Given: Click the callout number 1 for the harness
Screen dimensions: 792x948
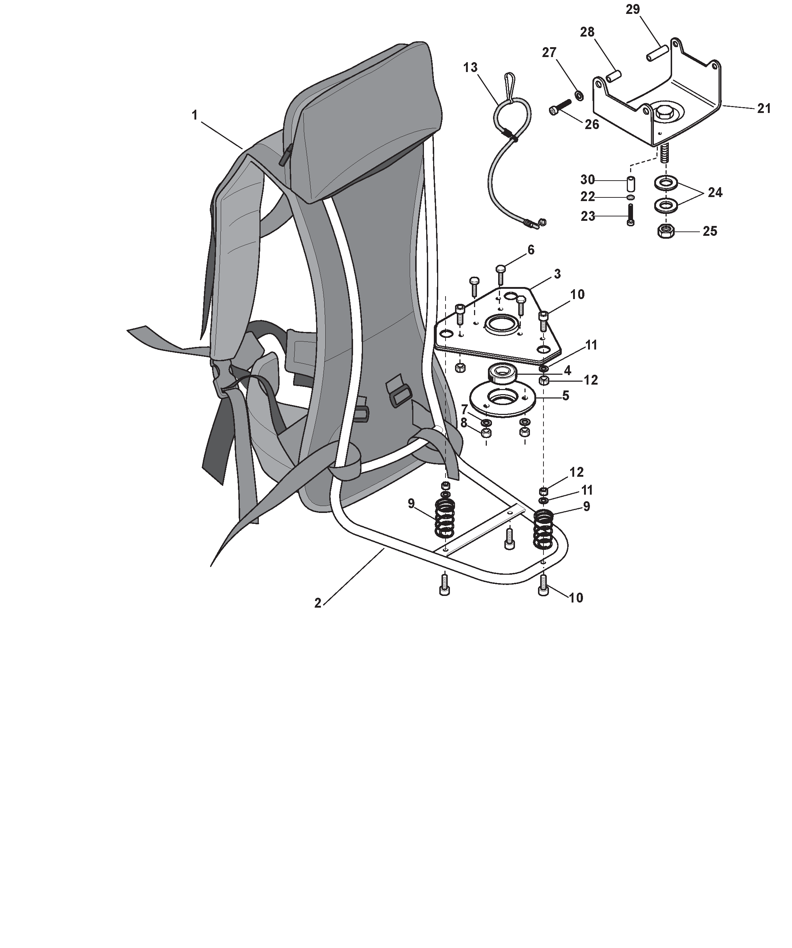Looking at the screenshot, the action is (x=194, y=116).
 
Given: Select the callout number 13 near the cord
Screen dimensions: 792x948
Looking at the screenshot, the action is (x=470, y=68).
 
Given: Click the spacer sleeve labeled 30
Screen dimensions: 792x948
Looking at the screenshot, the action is (x=631, y=185).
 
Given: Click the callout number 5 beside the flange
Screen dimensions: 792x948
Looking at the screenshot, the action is (x=565, y=396).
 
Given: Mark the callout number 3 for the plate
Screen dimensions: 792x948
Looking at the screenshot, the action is (x=557, y=274).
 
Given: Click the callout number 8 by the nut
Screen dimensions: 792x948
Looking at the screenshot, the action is (x=463, y=423).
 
